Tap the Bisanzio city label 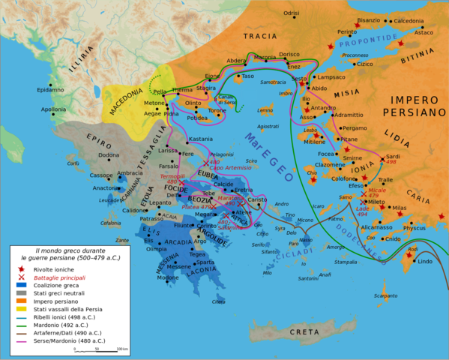pyautogui.click(x=368, y=20)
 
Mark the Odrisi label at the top pyautogui.click(x=291, y=13)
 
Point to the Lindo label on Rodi pyautogui.click(x=424, y=261)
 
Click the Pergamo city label pyautogui.click(x=355, y=128)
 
